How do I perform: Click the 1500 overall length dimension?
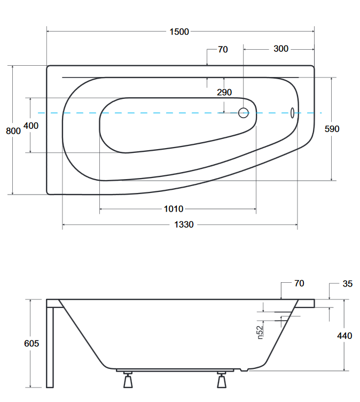[179, 32]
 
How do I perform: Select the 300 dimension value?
[281, 49]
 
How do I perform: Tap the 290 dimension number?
[224, 92]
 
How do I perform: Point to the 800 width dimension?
[13, 131]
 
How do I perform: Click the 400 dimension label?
[31, 126]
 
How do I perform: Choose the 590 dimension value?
[332, 129]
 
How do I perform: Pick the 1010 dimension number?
[174, 209]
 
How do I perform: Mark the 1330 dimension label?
[184, 225]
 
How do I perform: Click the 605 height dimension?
[32, 343]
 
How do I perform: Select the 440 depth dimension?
[345, 336]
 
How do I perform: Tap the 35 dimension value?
[347, 284]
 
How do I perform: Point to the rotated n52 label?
[260, 333]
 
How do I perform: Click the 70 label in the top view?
[223, 50]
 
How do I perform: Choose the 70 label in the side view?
[299, 283]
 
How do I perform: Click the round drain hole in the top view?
[244, 113]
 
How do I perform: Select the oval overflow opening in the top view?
[292, 113]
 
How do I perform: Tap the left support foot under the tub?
[128, 380]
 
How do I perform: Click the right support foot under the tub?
[222, 380]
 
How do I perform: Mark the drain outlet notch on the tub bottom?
[244, 370]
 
